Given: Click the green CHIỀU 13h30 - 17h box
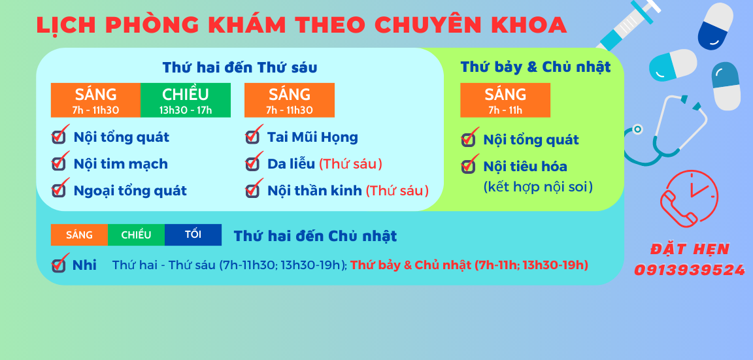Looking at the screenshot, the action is click(186, 101).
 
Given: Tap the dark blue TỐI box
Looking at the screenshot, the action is click(193, 235).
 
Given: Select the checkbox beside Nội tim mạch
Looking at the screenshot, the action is click(59, 163).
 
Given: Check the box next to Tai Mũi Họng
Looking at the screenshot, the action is click(252, 137).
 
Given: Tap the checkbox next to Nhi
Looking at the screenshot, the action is click(59, 265).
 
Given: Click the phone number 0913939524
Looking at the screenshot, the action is click(690, 270).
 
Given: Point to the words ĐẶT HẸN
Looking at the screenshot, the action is click(690, 249).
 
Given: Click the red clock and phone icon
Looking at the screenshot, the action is click(689, 197).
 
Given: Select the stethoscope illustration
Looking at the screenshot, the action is click(667, 129).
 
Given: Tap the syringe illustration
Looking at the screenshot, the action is click(627, 26).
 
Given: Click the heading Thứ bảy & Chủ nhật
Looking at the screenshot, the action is click(535, 67).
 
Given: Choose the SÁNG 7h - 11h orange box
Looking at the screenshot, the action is click(505, 101).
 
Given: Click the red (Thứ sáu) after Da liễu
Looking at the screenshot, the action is click(350, 164).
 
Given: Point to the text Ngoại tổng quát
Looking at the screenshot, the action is click(130, 191).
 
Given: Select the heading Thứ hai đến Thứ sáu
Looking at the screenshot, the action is click(240, 68).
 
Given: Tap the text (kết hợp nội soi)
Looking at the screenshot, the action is click(538, 188).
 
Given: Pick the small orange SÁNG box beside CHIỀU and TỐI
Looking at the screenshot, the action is click(79, 235).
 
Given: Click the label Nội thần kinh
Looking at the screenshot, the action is click(314, 191).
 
